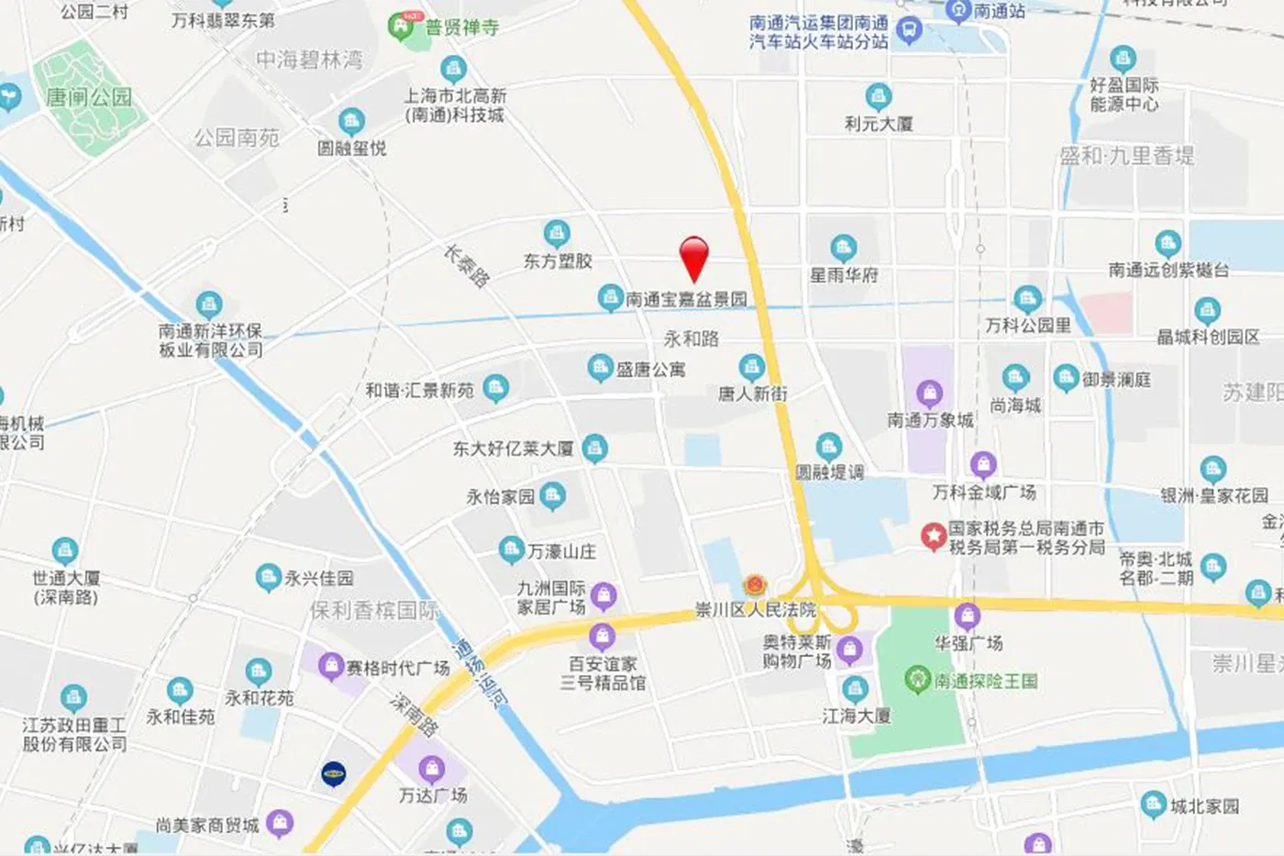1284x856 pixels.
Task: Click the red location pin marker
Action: pyautogui.click(x=694, y=256)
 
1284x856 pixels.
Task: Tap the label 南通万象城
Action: pyautogui.click(x=930, y=420)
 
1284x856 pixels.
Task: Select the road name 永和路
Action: pyautogui.click(x=691, y=339)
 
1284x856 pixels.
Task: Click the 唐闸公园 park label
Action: pyautogui.click(x=89, y=97)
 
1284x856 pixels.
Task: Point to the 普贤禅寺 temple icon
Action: pyautogui.click(x=401, y=27)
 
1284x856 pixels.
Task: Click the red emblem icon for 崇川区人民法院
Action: pyautogui.click(x=754, y=585)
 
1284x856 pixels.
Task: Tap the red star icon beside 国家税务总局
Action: pyautogui.click(x=933, y=536)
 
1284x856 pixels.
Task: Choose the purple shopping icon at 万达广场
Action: pyautogui.click(x=432, y=769)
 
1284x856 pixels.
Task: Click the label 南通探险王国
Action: pyautogui.click(x=986, y=681)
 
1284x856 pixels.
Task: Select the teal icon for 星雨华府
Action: pyautogui.click(x=843, y=248)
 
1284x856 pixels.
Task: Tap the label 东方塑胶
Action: pyautogui.click(x=558, y=261)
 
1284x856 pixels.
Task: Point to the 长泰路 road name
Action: pyautogui.click(x=467, y=266)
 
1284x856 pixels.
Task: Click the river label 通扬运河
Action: pyautogui.click(x=480, y=673)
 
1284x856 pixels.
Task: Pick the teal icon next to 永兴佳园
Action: pyautogui.click(x=268, y=578)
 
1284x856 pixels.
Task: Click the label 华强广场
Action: pyautogui.click(x=969, y=643)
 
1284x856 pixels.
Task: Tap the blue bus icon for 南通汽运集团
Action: pyautogui.click(x=909, y=31)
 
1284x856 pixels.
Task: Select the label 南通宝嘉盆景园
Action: pyautogui.click(x=686, y=299)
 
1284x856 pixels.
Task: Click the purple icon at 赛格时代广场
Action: pyautogui.click(x=330, y=667)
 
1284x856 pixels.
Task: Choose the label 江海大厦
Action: pyautogui.click(x=857, y=716)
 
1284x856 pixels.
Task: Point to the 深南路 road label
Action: pyautogui.click(x=415, y=715)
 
